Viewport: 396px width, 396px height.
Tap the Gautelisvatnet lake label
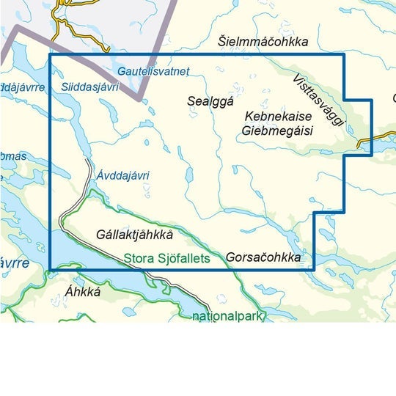click(153, 71)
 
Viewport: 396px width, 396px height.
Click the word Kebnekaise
click(279, 118)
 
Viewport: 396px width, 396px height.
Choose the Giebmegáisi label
click(276, 131)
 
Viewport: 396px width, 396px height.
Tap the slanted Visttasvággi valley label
click(317, 100)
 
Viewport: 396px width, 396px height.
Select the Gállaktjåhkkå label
click(133, 235)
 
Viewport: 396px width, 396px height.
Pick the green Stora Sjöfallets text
click(166, 258)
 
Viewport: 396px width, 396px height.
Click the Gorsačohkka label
click(263, 258)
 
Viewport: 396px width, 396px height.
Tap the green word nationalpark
click(227, 317)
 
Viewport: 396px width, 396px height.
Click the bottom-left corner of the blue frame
click(49, 270)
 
